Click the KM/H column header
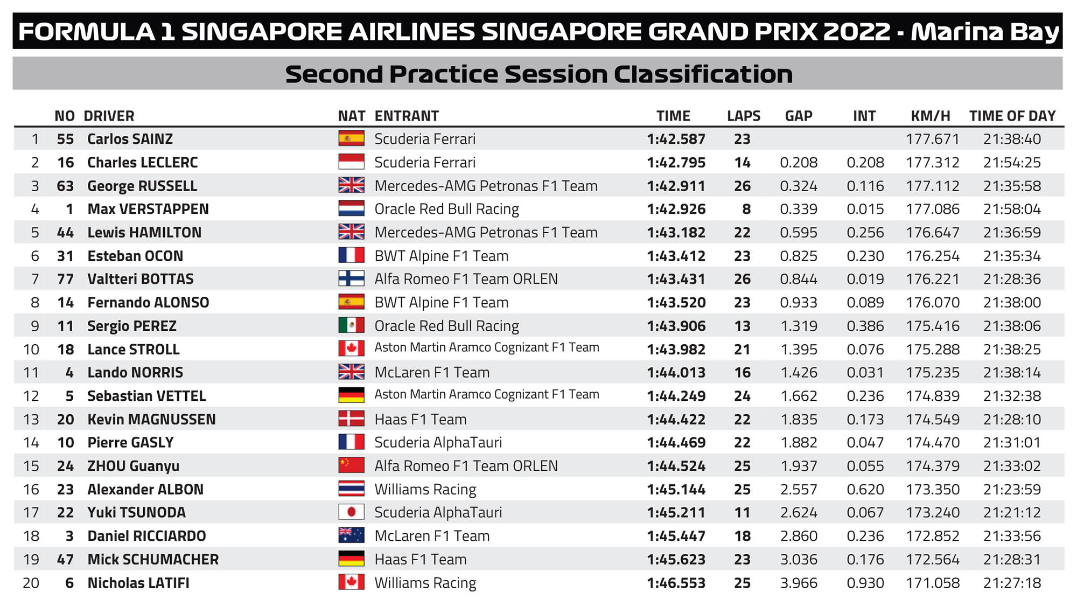point(930,116)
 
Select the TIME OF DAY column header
point(1012,116)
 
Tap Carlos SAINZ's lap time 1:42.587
point(676,139)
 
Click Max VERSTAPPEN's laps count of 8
point(746,209)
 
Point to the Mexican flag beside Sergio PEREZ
point(351,325)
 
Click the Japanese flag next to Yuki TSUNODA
point(351,512)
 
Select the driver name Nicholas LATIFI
point(138,583)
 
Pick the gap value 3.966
point(799,583)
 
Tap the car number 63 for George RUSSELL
point(65,186)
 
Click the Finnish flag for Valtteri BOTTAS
point(351,278)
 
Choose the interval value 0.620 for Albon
point(865,489)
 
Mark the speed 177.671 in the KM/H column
point(932,139)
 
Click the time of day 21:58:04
point(1012,209)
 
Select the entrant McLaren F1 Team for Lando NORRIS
point(432,372)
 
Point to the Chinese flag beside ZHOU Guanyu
point(351,465)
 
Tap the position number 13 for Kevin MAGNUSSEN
point(31,419)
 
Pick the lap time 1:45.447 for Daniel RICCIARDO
point(676,536)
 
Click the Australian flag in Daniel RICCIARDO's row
point(351,535)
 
